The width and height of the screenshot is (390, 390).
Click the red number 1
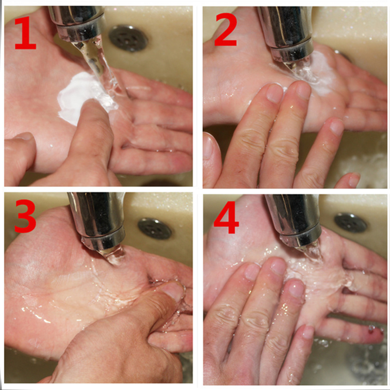point(26,33)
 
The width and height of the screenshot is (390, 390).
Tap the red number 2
point(226,30)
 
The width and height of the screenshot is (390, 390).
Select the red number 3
point(25,216)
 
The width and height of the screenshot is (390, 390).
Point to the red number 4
point(226,218)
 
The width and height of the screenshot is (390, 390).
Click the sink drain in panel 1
point(128,38)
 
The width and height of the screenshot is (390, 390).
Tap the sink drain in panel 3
point(155,228)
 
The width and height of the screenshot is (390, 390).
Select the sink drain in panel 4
point(350,223)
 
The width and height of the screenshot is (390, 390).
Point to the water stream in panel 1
point(100,67)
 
